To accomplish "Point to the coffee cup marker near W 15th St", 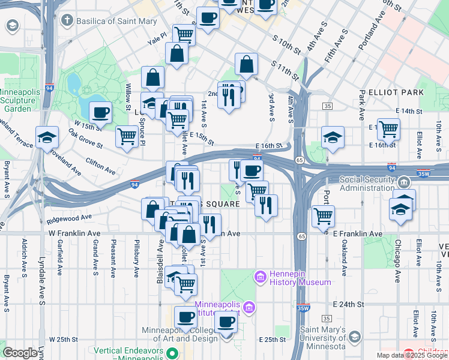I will point(101,112).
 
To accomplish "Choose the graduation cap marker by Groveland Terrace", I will point(47,137).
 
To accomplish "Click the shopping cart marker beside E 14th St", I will point(389,128).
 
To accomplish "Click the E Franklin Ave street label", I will point(357,233).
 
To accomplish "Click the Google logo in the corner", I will point(20,353).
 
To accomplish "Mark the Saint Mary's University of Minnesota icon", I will point(355,337).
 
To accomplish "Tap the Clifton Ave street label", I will point(100,167).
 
